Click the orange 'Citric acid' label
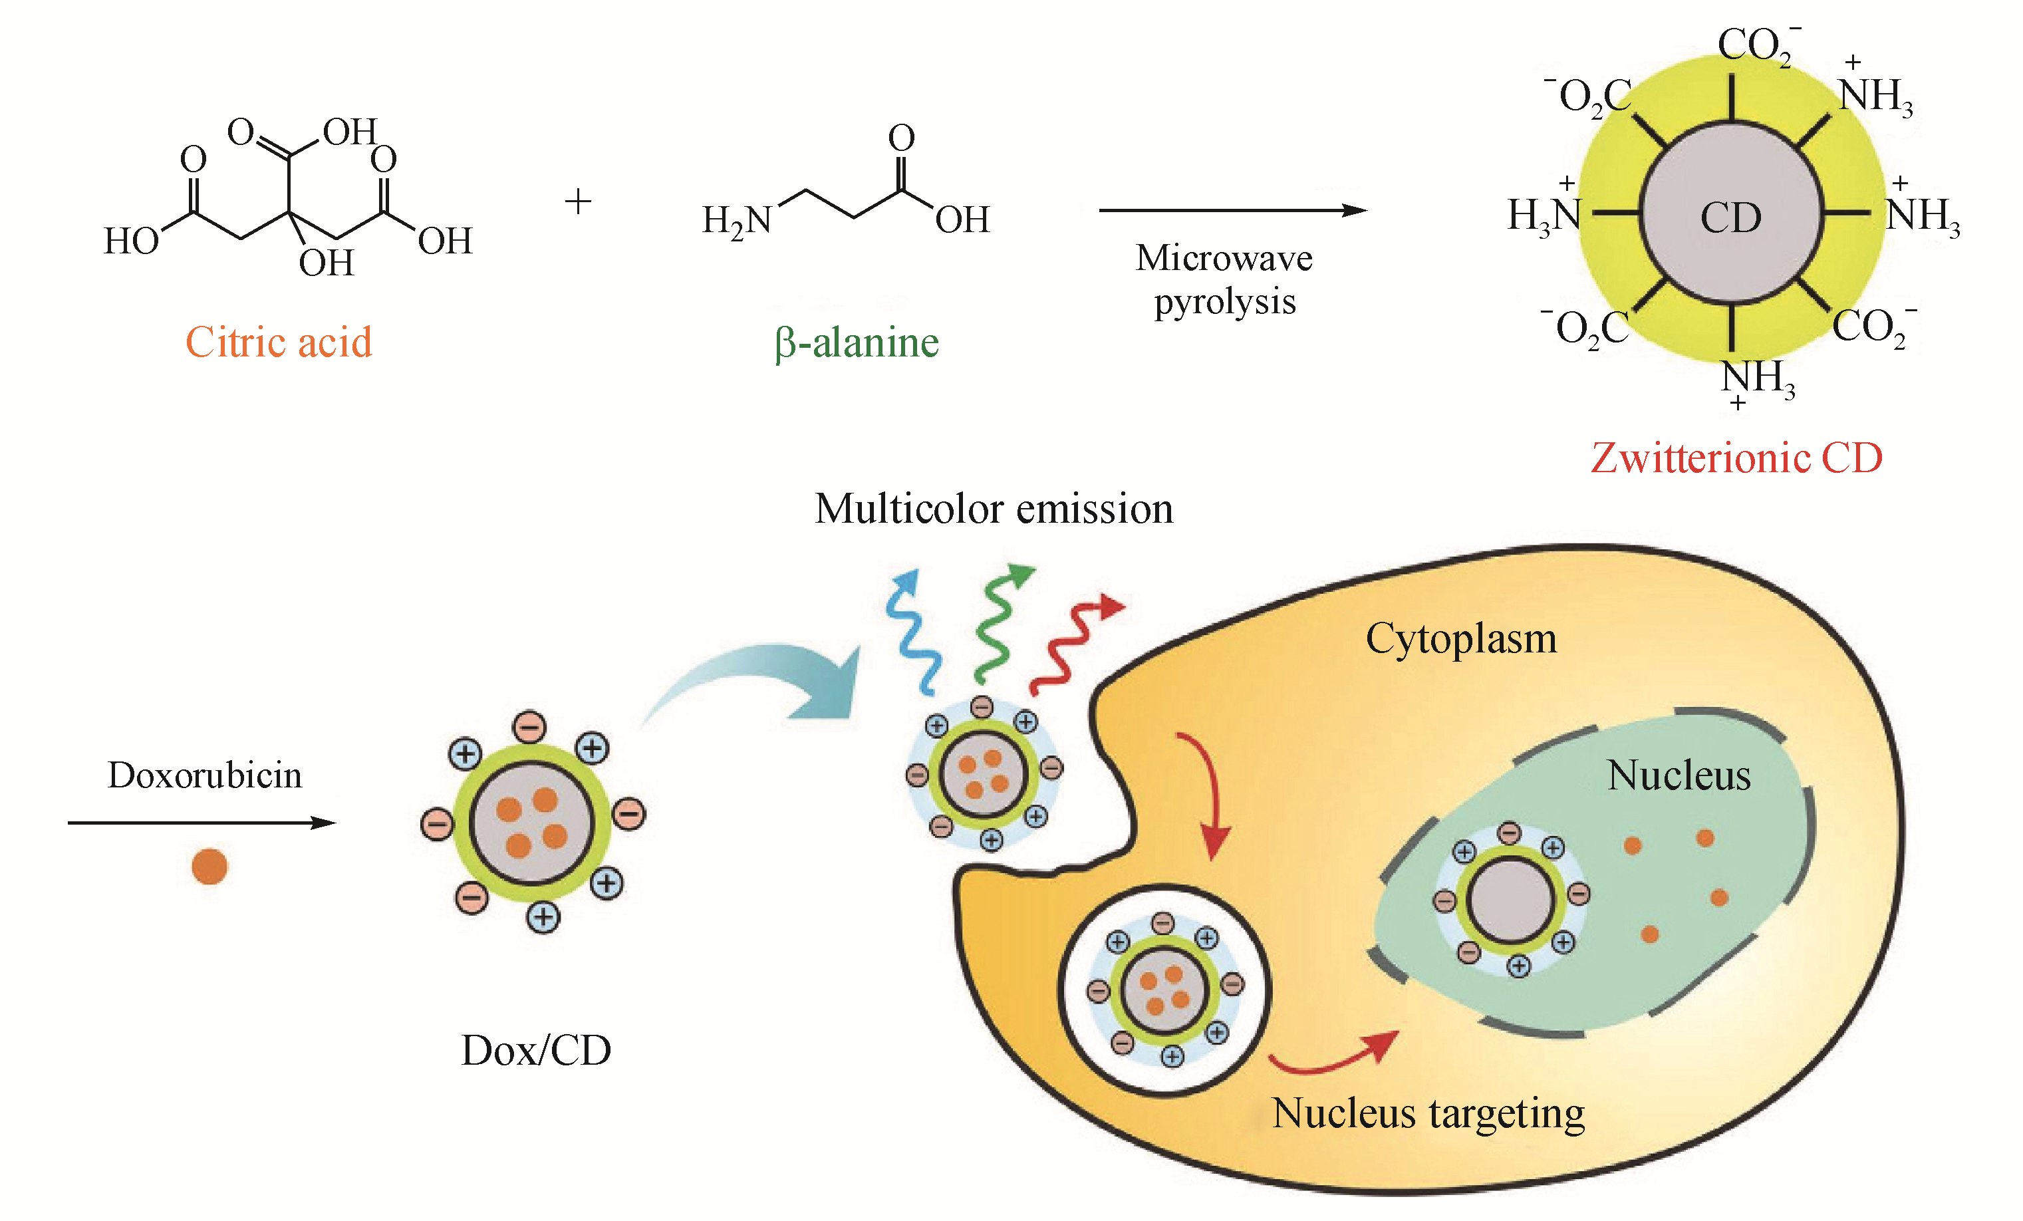point(279,342)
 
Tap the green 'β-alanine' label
point(857,343)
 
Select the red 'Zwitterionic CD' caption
point(1736,458)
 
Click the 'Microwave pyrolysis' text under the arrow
point(1224,280)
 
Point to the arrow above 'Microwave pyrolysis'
point(1232,210)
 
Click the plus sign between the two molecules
point(578,202)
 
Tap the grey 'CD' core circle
point(1730,215)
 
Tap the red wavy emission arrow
point(1071,644)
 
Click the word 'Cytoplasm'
point(1460,639)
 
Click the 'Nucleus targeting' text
point(1428,1114)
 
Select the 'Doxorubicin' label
point(204,774)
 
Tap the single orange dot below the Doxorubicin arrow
point(209,867)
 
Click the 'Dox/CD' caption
point(536,1050)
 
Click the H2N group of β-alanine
point(736,220)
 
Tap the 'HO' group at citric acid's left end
point(132,241)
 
